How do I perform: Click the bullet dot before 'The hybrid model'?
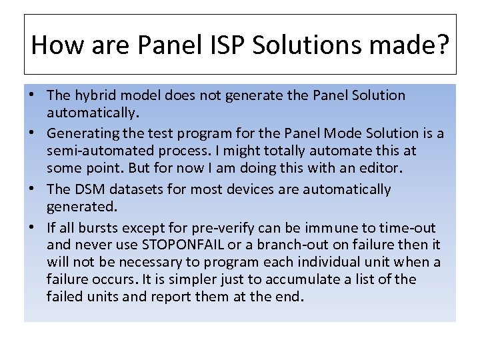tap(32, 95)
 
